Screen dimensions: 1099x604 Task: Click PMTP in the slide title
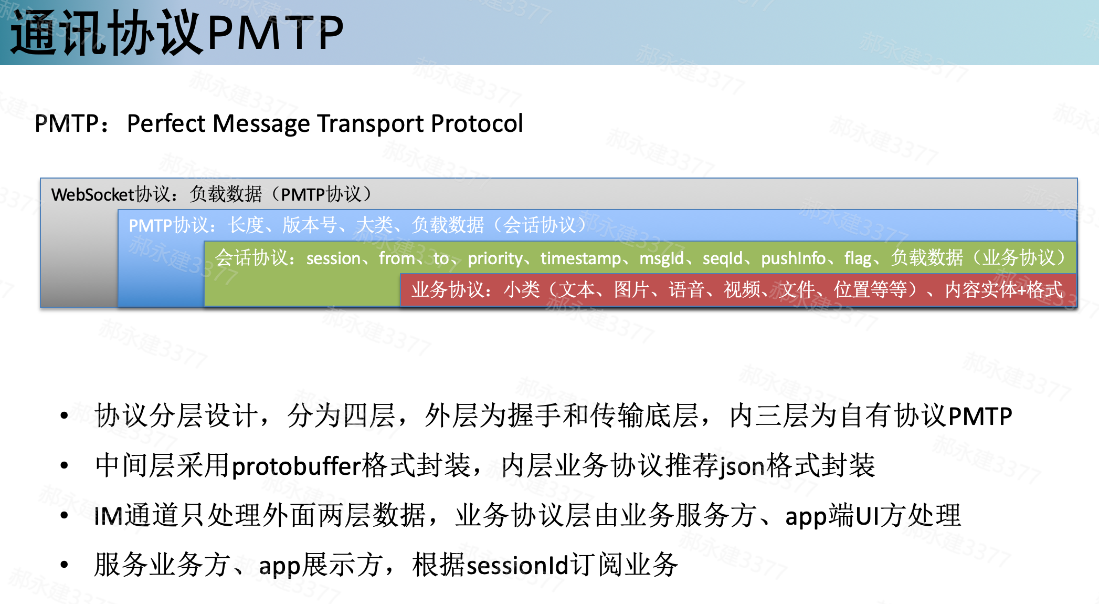[276, 33]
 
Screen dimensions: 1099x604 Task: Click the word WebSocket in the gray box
[93, 195]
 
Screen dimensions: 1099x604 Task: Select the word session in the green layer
[333, 258]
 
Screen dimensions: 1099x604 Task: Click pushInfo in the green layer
[794, 258]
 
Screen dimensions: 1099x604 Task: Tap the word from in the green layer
[397, 258]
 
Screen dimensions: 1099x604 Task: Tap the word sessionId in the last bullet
[517, 566]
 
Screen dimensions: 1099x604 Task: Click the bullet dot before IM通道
[65, 515]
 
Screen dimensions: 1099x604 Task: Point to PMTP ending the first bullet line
[980, 416]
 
